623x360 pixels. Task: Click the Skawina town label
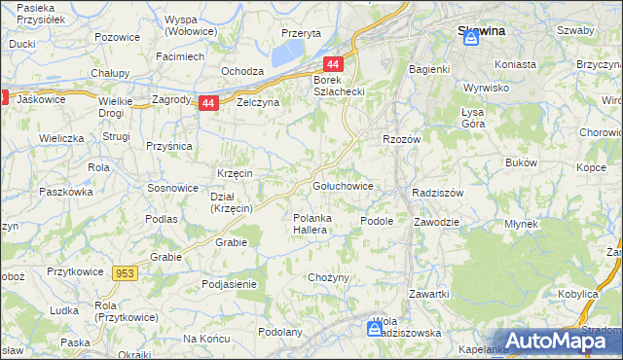[482, 30]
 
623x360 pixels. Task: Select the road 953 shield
[125, 274]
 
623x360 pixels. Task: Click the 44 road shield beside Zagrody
[207, 103]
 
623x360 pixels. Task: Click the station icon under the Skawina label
[472, 40]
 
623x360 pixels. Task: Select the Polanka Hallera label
[314, 224]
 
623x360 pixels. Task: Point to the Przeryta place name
[301, 32]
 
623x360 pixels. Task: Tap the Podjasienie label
[229, 283]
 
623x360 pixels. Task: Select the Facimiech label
[180, 56]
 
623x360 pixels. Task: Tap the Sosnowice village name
[171, 186]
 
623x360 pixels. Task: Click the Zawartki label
[428, 293]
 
